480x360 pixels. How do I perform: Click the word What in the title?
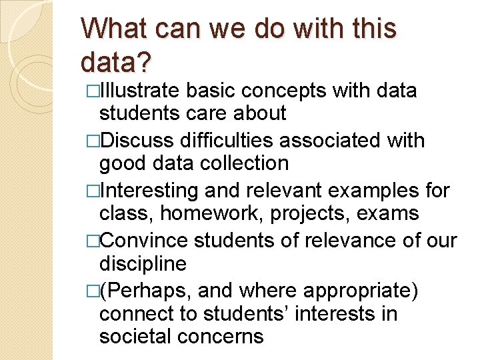point(117,29)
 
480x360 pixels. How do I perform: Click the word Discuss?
point(139,141)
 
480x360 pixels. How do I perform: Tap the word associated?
point(342,141)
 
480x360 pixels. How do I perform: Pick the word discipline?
point(143,263)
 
